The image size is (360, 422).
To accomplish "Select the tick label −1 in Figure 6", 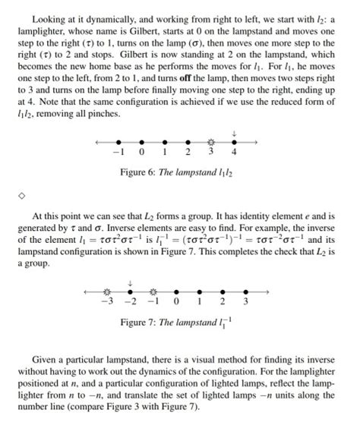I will (x=118, y=153).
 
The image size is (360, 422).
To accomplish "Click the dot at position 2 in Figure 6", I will (x=188, y=142).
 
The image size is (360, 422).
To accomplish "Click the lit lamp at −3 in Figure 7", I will (x=107, y=291).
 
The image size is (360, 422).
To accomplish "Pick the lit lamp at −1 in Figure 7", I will (x=153, y=291).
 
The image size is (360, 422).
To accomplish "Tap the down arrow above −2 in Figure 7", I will (x=130, y=282).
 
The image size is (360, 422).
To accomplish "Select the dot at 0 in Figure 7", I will (x=176, y=291).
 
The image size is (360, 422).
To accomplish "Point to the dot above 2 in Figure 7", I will (x=223, y=291).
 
